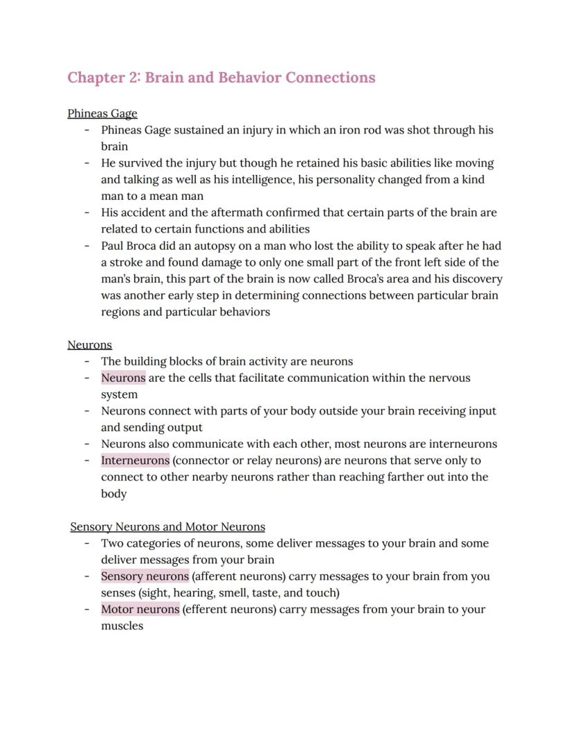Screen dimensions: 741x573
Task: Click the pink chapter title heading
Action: [x=221, y=77]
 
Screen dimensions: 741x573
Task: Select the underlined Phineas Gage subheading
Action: [x=102, y=113]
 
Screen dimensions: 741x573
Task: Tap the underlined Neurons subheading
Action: [x=89, y=345]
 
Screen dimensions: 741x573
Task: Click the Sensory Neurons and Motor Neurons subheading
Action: [x=167, y=527]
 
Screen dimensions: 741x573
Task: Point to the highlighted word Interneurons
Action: [x=135, y=460]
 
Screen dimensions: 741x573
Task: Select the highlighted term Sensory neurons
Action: [x=145, y=576]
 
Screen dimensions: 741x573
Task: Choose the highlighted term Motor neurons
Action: [x=140, y=610]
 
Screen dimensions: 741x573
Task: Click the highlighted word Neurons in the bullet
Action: [x=123, y=378]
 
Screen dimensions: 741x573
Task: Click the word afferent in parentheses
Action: [x=217, y=576]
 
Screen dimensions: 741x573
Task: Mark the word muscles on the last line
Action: [x=122, y=626]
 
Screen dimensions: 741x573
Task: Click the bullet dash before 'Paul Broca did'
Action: [x=87, y=246]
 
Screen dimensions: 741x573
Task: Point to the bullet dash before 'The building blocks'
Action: [x=87, y=361]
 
